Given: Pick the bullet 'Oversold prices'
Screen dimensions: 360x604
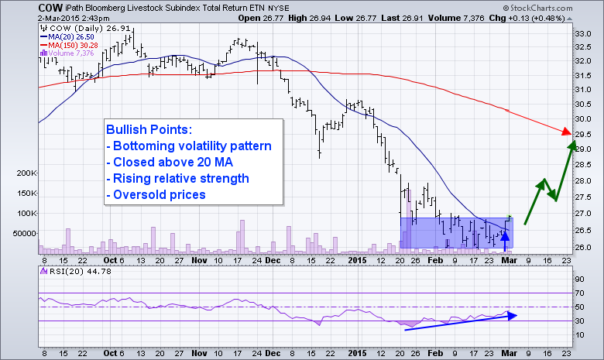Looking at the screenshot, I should [x=155, y=194].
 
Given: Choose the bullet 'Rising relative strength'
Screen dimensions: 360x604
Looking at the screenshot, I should [x=177, y=178].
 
